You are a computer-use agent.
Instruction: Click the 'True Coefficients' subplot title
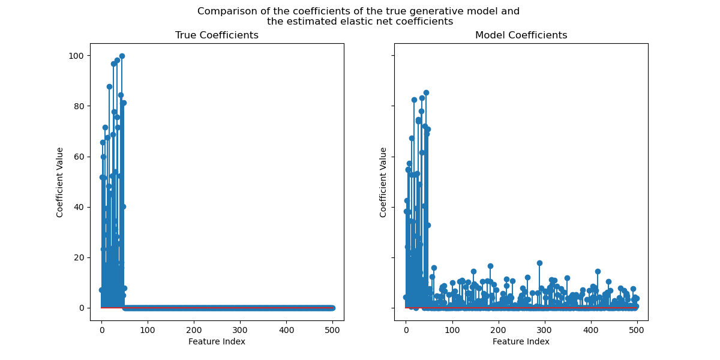click(x=217, y=35)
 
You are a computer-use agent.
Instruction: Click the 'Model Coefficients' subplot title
click(x=521, y=35)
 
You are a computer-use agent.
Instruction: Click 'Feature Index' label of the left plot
click(x=217, y=341)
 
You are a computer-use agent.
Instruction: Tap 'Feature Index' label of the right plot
click(x=521, y=341)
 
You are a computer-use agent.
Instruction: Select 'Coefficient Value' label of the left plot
click(x=60, y=182)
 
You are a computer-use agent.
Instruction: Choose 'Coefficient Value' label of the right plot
click(x=383, y=182)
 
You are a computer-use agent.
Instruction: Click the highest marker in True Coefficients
click(x=122, y=56)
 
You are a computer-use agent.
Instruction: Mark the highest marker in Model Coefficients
click(x=426, y=93)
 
